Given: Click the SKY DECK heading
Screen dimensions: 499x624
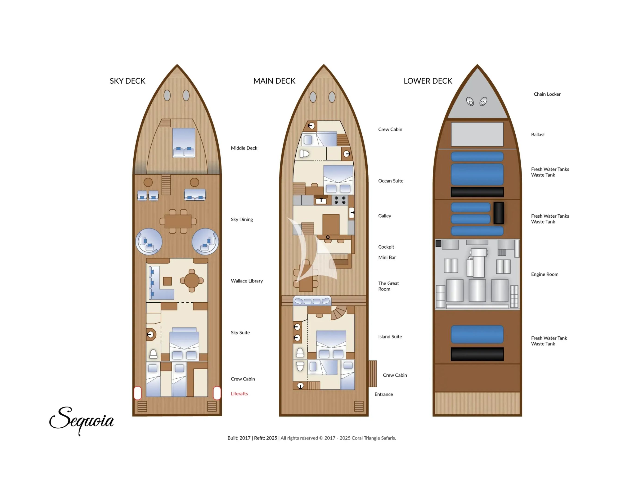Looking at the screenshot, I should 127,81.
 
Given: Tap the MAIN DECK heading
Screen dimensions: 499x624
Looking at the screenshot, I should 274,81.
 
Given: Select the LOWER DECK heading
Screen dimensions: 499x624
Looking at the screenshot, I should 428,81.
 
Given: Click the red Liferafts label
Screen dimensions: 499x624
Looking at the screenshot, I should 239,394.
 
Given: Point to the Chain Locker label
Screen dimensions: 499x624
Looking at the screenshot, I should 547,94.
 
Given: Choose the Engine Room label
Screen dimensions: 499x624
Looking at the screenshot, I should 544,274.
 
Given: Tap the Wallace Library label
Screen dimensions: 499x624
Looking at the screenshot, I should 247,281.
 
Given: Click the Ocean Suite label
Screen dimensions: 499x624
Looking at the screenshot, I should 390,181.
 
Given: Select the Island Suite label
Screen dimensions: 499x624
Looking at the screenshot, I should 390,337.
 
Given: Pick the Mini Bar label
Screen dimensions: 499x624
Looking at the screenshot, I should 387,257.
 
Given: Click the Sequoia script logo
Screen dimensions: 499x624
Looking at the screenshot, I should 82,420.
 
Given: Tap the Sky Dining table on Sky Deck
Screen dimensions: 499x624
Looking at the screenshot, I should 178,221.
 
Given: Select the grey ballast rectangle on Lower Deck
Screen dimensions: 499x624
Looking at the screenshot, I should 477,134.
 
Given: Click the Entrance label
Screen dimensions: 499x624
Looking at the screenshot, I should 383,394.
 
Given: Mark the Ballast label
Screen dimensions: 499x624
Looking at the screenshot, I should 538,134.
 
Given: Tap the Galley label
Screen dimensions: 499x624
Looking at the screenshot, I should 384,216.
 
